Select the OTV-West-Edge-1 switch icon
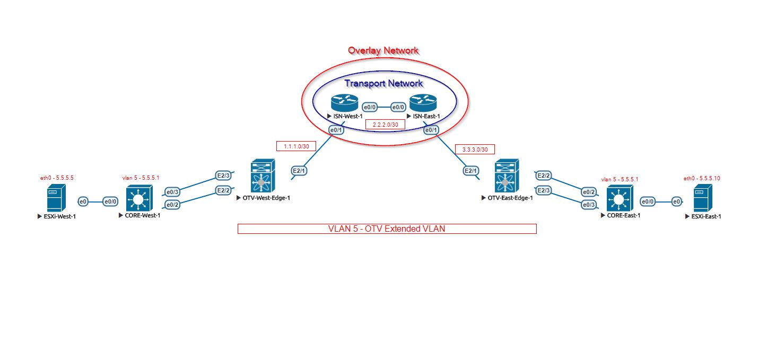click(x=261, y=177)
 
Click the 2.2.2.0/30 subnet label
click(x=386, y=125)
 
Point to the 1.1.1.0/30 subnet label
click(x=297, y=146)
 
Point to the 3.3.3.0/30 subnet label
click(x=475, y=150)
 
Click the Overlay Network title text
click(x=383, y=50)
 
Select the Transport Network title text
click(x=383, y=83)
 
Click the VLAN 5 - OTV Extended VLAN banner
click(x=387, y=229)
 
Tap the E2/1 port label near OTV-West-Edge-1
click(x=299, y=171)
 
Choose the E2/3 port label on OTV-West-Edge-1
click(x=223, y=175)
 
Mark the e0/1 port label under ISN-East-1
click(x=431, y=130)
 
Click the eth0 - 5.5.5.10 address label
click(x=702, y=178)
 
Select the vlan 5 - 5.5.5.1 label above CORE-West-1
click(x=141, y=178)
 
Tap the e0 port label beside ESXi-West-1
click(x=83, y=201)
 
